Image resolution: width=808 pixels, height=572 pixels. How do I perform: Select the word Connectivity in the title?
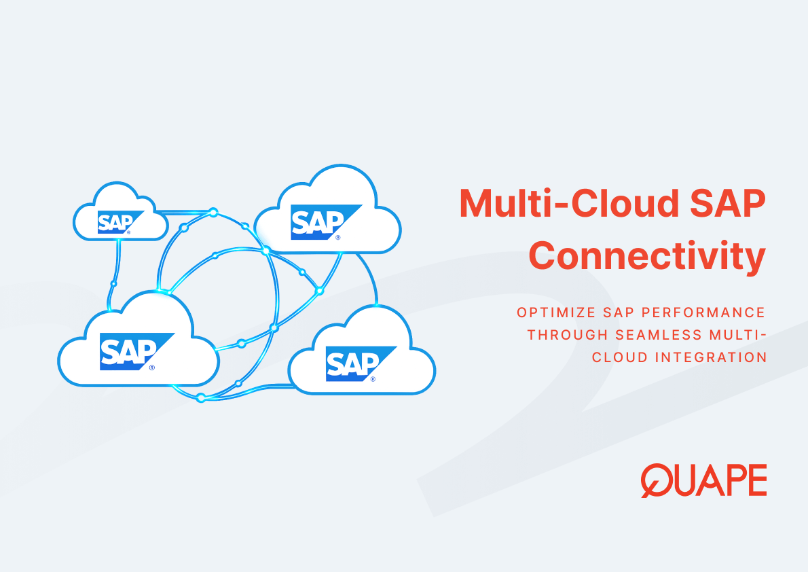[x=646, y=256]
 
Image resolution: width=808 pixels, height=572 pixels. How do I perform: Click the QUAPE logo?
[x=703, y=480]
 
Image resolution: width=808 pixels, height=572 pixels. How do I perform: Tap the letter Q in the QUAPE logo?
[x=656, y=481]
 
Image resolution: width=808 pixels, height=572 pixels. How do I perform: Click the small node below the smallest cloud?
[x=113, y=283]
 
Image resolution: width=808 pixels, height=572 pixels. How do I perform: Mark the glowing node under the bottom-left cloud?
[x=201, y=398]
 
